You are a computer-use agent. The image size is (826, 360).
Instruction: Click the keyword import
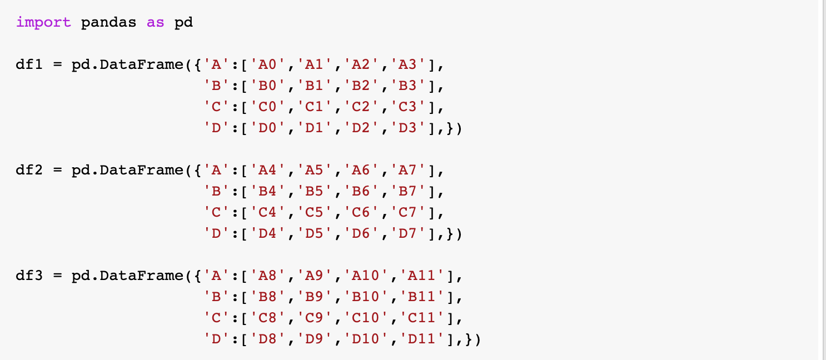[43, 23]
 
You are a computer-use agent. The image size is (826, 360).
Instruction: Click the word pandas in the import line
[109, 23]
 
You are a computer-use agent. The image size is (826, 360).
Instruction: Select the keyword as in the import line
[156, 23]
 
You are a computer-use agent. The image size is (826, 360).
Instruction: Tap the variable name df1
[29, 65]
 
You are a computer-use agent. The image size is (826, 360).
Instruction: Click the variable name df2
[29, 170]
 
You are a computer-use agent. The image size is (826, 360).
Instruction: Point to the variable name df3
[29, 276]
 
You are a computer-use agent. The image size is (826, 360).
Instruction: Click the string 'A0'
[272, 65]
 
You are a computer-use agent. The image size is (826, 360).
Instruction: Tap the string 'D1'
[319, 128]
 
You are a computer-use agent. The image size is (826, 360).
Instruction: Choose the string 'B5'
[319, 192]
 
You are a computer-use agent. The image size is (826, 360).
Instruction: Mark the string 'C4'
[272, 213]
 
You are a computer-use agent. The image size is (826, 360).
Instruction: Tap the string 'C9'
[319, 318]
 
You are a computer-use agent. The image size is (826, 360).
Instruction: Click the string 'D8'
[272, 339]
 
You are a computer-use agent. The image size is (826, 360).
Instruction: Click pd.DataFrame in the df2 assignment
[127, 170]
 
